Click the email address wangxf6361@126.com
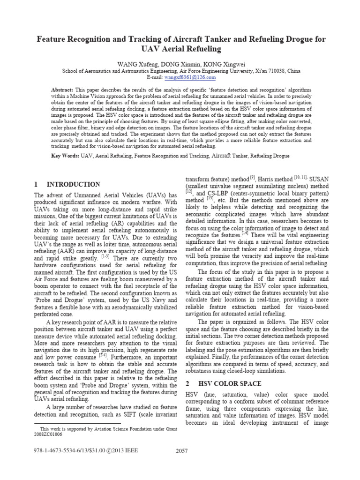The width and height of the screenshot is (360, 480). pyautogui.click(x=193, y=77)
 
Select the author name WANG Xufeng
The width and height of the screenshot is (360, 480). pyautogui.click(x=132, y=63)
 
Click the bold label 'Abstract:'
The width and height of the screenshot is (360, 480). pyautogui.click(x=63, y=89)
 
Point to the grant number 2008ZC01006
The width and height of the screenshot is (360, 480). pyautogui.click(x=50, y=434)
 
